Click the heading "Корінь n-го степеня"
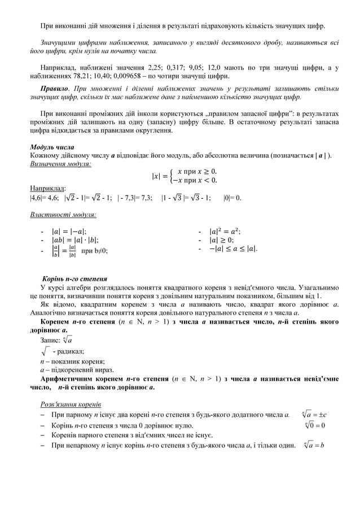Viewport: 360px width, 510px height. coord(76,279)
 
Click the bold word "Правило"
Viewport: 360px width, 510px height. coord(54,89)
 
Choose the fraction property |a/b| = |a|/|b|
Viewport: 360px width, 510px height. coord(64,251)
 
